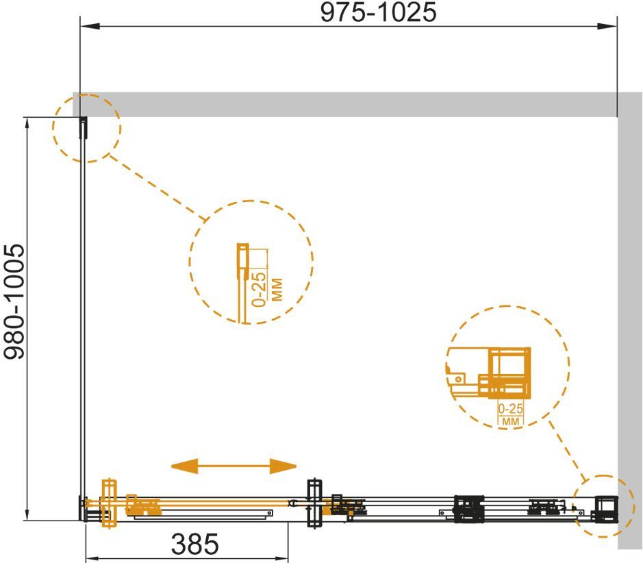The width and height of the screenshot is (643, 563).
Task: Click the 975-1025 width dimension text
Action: tap(378, 12)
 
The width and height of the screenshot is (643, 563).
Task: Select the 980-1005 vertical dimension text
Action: tap(15, 302)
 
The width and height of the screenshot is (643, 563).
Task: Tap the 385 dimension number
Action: tap(194, 545)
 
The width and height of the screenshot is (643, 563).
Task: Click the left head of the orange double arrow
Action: tap(184, 466)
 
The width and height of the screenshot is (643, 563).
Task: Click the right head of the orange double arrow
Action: tap(283, 466)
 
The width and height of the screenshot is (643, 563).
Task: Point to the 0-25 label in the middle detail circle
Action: tap(259, 290)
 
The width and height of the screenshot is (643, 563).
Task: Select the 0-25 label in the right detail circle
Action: tap(511, 408)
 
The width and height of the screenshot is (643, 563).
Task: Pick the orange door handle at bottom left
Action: tap(110, 503)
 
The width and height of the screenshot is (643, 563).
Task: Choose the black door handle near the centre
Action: tap(314, 503)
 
